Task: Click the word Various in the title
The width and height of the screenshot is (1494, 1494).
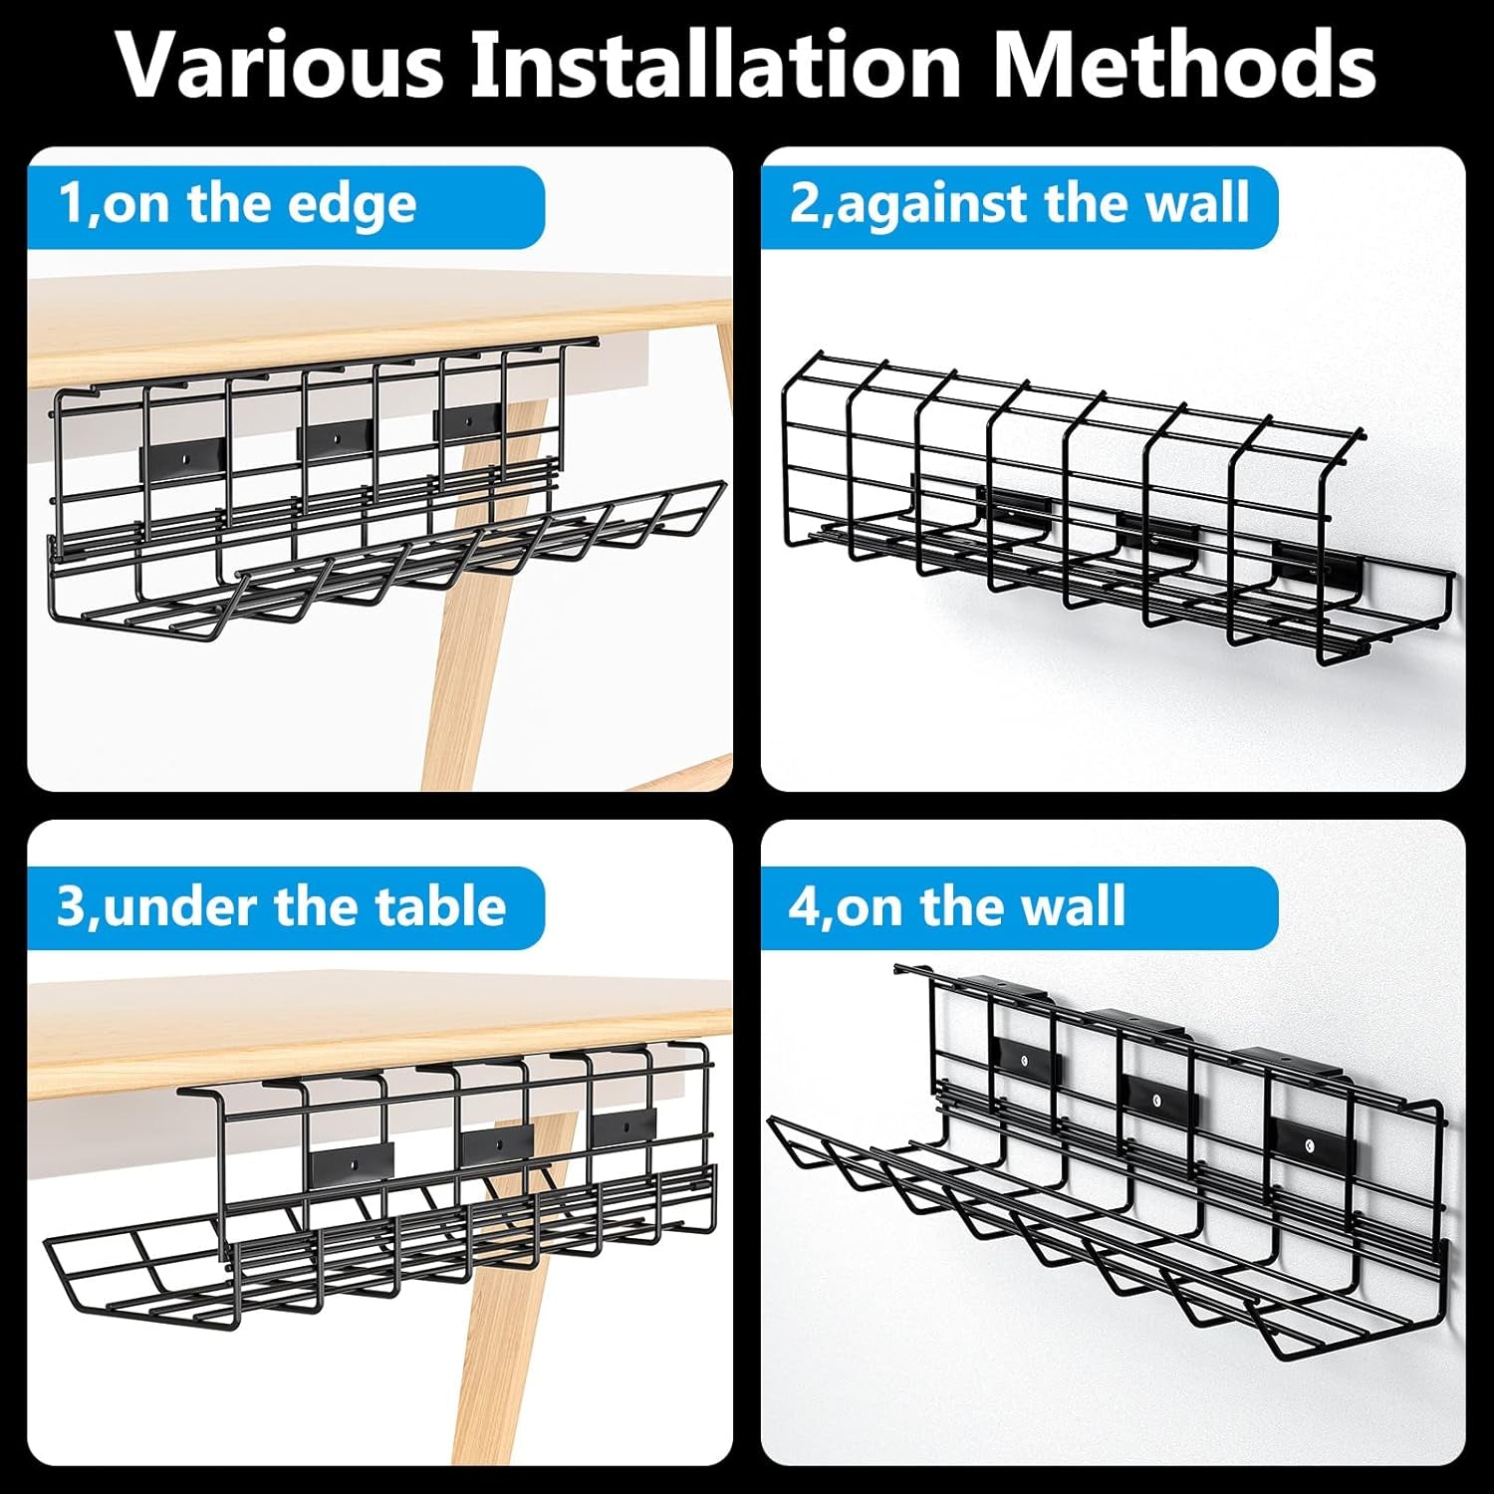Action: (280, 64)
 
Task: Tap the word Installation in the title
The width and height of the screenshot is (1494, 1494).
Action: (716, 64)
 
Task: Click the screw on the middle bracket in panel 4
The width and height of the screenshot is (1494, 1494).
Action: (1156, 1101)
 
